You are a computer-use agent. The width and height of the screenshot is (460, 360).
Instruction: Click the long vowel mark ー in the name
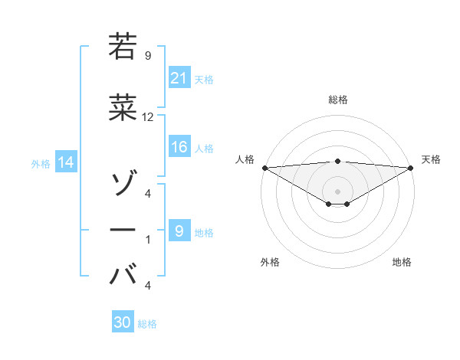coord(123,229)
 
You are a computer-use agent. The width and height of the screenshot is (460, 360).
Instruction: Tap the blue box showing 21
coord(179,78)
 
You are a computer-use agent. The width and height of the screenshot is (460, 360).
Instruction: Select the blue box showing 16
coord(179,148)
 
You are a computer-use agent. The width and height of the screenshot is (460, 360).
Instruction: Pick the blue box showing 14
coord(65,162)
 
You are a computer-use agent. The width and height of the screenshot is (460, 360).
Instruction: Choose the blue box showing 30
coord(123,323)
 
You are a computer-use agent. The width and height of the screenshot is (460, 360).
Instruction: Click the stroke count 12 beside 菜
coord(148,117)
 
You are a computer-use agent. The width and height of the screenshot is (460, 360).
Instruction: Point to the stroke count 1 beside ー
coord(147,240)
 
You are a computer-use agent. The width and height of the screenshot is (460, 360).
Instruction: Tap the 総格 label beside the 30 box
coord(147,324)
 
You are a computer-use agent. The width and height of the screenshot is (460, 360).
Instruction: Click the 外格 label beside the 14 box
coord(41,163)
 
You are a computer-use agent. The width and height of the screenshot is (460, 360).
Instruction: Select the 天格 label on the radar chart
coord(431,159)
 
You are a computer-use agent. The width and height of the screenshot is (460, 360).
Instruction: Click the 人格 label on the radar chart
coord(245,159)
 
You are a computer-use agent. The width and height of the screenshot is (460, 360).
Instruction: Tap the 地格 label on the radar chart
coord(402,262)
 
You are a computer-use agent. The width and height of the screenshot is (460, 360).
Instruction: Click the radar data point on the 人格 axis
coord(264,168)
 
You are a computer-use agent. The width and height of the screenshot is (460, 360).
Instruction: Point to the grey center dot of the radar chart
coord(337,191)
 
